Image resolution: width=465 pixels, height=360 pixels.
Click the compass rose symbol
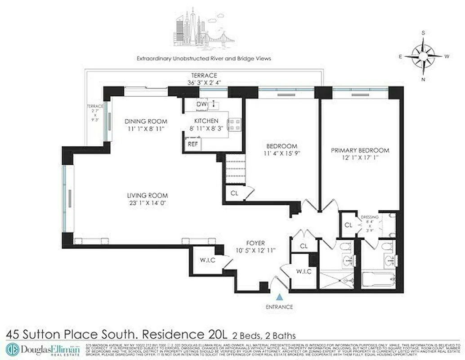point(423,56)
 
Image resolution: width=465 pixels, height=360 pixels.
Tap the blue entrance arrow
point(280,297)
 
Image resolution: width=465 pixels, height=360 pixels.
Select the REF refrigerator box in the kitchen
point(193,144)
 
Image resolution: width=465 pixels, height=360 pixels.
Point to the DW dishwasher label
point(201,105)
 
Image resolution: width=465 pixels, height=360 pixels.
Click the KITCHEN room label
point(206,121)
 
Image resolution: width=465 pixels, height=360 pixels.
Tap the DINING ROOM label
point(146,121)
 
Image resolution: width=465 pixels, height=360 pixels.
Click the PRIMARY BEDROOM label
point(360,150)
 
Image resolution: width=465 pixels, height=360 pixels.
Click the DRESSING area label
point(370,217)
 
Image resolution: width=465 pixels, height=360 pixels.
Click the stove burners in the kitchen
point(234,124)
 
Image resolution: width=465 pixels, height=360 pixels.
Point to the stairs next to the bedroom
point(236,169)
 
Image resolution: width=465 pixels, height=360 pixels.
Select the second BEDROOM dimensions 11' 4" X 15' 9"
point(282,153)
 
